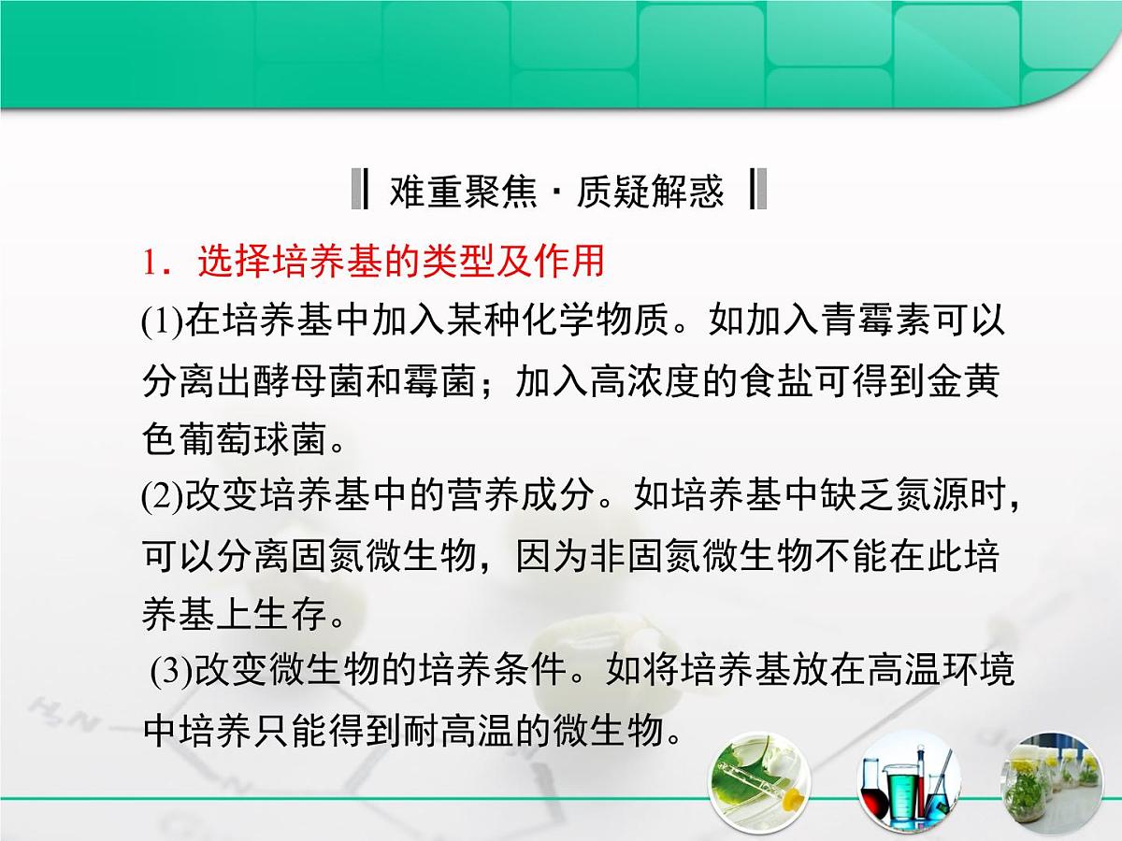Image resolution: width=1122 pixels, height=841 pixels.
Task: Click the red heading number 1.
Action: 151,264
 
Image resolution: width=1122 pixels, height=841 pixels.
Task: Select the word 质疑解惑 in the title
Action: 651,191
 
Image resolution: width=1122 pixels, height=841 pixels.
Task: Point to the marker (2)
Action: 163,496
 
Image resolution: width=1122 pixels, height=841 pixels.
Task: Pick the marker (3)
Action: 172,672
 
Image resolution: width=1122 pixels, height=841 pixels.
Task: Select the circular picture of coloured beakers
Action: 905,783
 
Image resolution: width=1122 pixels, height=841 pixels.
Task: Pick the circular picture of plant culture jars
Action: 1051,783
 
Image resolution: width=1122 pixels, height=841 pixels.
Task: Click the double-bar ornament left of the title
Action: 358,190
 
